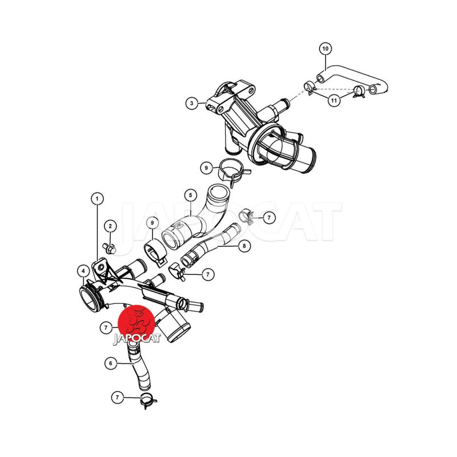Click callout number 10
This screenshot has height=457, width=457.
(326, 49)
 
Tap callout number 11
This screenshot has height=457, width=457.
(334, 101)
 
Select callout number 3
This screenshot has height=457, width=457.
(191, 103)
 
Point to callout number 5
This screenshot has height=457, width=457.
(191, 195)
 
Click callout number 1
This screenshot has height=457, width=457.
(97, 199)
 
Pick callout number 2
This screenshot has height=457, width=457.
(110, 226)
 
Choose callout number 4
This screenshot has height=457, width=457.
(83, 271)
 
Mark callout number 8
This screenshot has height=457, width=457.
(244, 246)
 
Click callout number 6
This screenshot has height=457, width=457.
(110, 363)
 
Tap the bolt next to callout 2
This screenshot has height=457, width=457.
(109, 248)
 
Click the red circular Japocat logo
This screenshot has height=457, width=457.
(135, 323)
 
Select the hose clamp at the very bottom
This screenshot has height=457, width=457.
(149, 400)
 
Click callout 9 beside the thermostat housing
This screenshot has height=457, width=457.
(206, 168)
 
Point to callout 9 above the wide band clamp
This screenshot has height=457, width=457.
(152, 223)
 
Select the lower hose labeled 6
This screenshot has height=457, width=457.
(138, 366)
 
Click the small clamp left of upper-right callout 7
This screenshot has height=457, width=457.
(246, 216)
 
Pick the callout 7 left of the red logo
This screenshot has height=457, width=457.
(106, 328)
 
